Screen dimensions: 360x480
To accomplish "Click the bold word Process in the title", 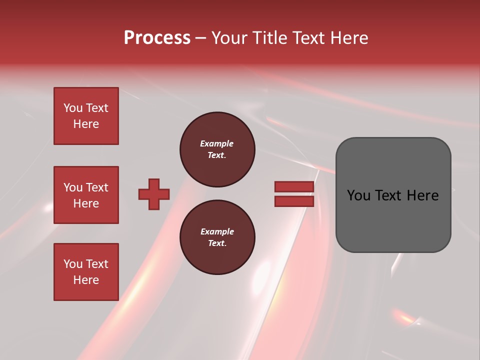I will pos(157,38).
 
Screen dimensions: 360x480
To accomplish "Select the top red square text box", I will pos(86,116).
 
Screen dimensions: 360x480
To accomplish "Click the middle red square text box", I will pos(86,195).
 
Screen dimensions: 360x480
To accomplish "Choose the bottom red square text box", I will pos(86,272).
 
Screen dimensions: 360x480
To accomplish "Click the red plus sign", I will pos(154,194).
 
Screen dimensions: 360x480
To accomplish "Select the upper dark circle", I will pos(217,149).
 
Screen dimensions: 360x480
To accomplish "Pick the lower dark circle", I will pos(217,237).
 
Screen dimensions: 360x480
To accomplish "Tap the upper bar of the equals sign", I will pos(294,186).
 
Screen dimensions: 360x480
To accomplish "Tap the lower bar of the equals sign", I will pos(294,201).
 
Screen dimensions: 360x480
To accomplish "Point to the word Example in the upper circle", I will pos(217,143).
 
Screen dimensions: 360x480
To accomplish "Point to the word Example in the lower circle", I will pos(217,231).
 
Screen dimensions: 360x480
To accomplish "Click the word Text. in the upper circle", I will pos(217,155).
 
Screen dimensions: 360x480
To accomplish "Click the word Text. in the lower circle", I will pos(217,243).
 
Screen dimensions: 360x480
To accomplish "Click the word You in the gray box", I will pos(358,195).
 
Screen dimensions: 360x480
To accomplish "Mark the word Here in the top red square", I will pos(86,124).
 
